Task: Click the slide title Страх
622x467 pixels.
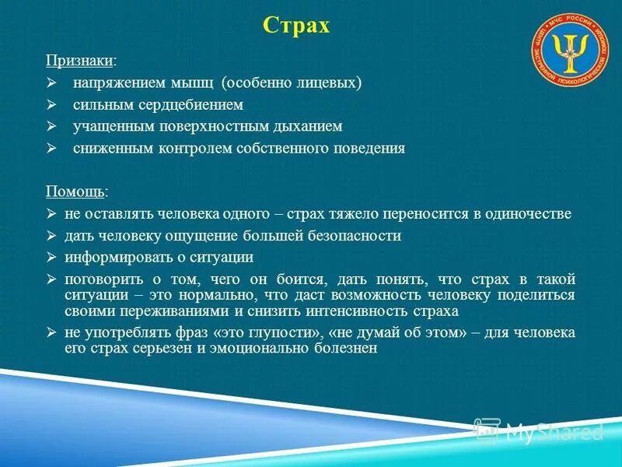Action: point(296,26)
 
